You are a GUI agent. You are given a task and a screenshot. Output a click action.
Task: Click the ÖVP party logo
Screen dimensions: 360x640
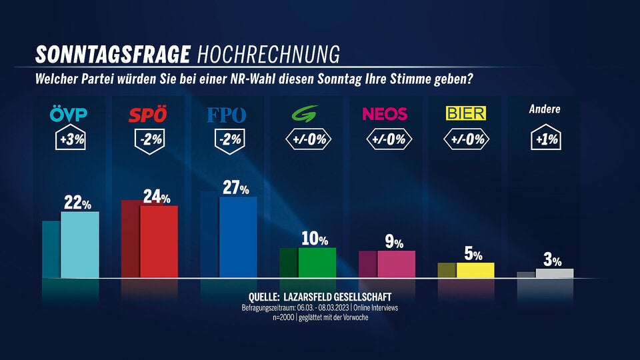(69, 115)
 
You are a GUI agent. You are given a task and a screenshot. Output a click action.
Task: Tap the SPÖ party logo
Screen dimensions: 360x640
(147, 115)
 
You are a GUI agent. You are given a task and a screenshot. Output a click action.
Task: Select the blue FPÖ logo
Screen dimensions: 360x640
(227, 115)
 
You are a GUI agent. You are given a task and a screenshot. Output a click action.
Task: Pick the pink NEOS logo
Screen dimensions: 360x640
(385, 114)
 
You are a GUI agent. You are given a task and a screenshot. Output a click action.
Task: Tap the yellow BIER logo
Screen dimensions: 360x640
(465, 113)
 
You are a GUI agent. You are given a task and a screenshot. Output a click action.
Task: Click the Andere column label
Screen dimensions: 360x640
(545, 110)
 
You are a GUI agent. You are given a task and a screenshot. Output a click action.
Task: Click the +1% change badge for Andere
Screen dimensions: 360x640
(545, 141)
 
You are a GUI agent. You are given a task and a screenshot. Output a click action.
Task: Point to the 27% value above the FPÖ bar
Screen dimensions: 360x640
(234, 187)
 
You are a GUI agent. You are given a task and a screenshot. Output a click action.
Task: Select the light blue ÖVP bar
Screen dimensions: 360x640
(80, 244)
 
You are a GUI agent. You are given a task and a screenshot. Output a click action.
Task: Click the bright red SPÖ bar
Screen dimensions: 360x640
(159, 241)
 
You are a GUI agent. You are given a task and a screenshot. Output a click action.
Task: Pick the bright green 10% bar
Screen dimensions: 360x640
(317, 262)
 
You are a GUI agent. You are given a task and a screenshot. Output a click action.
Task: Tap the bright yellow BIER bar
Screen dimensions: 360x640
(475, 269)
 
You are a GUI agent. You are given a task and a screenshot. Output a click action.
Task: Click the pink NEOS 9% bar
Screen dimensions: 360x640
(397, 263)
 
